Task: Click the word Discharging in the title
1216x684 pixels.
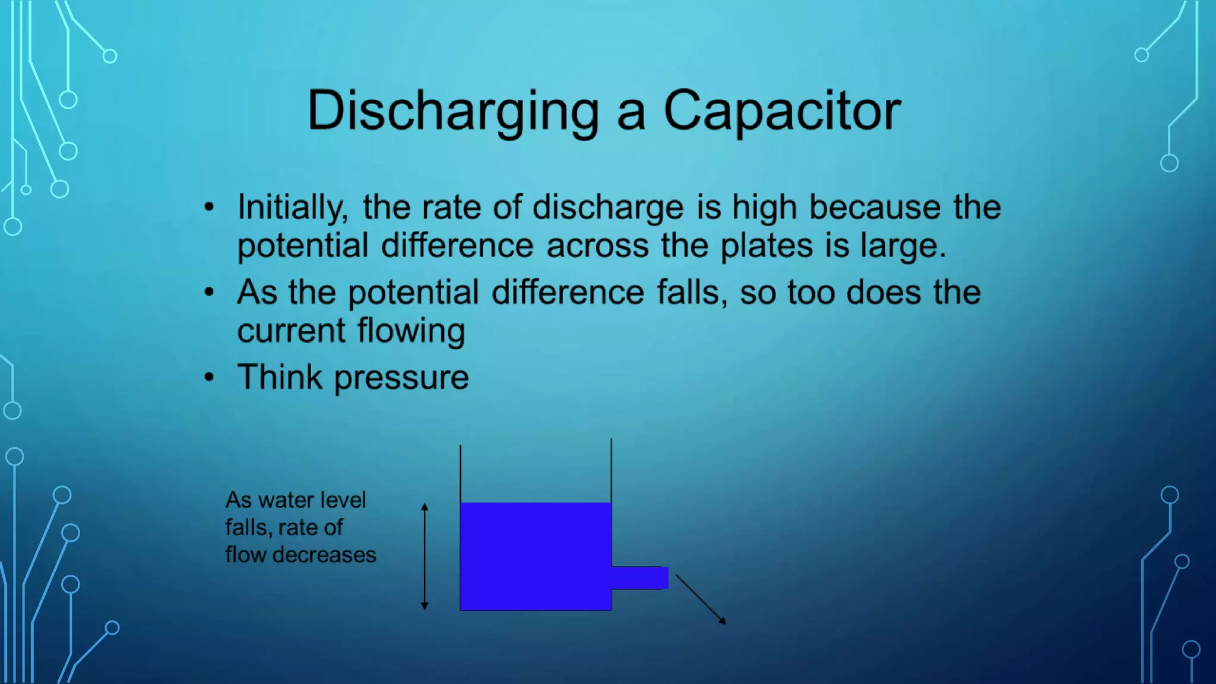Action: (x=453, y=112)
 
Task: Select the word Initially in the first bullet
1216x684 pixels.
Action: (x=292, y=208)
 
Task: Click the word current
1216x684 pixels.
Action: (x=291, y=331)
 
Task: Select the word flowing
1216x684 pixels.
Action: (x=411, y=331)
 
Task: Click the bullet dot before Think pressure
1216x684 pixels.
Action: (x=209, y=377)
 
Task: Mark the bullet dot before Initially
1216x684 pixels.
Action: (x=209, y=207)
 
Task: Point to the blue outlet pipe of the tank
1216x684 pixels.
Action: (x=640, y=578)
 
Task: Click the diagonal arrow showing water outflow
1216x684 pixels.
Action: (x=701, y=599)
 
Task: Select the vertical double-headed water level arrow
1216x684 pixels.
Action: (x=425, y=556)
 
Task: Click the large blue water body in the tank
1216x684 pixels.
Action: (x=536, y=556)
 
